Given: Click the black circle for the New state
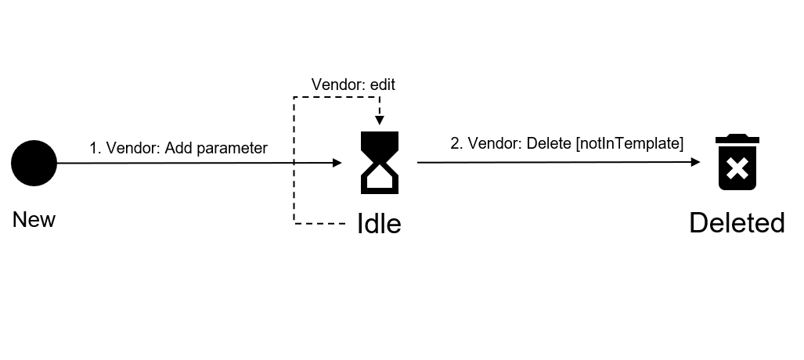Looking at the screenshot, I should click(34, 164).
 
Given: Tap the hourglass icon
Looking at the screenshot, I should click(379, 163).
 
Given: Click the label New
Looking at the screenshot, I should click(34, 220).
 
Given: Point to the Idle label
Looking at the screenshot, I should click(379, 224).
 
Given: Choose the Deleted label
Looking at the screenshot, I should click(737, 223).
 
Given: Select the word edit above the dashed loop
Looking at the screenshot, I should click(382, 85).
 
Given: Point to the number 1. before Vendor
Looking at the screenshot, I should click(96, 148).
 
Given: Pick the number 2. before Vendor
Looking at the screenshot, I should click(456, 143).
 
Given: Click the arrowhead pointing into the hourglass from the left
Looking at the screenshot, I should click(337, 163).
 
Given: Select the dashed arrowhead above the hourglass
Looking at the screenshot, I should click(379, 120).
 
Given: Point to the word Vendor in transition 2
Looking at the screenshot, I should click(494, 143).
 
